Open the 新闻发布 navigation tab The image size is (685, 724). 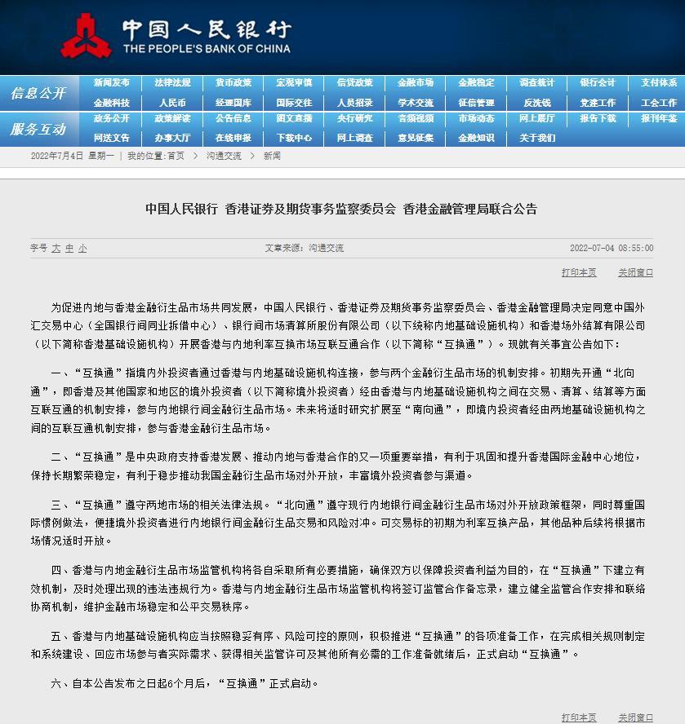111,83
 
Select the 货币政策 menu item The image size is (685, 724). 234,83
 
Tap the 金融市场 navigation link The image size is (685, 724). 416,83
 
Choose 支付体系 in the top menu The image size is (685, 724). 658,83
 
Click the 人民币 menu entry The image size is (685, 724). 172,104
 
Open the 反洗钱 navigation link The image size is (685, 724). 537,104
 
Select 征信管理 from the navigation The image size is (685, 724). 476,104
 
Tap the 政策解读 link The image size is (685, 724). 172,118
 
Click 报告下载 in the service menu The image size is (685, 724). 598,118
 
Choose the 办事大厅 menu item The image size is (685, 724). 172,139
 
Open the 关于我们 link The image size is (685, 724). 537,139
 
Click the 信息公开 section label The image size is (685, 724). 38,94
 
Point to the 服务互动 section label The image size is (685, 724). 38,129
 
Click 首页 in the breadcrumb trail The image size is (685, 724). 176,156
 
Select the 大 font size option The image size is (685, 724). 56,248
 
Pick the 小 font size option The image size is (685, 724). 82,248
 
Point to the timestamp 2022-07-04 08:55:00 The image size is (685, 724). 611,248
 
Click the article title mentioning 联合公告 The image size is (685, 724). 341,210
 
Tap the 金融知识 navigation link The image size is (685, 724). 476,139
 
